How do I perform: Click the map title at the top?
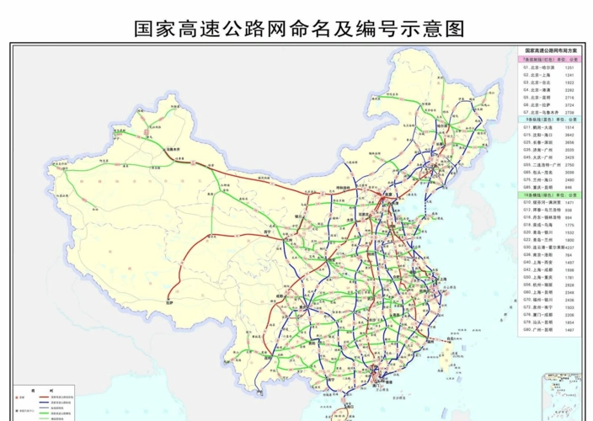[x=299, y=29]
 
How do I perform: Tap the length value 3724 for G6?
[x=569, y=104]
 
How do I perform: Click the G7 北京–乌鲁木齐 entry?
[x=538, y=112]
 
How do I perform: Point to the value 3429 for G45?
[x=569, y=157]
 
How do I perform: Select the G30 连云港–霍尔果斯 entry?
[x=539, y=247]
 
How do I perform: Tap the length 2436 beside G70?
[x=569, y=299]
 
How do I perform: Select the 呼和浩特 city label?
[x=343, y=185]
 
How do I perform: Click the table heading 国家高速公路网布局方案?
[x=548, y=51]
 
